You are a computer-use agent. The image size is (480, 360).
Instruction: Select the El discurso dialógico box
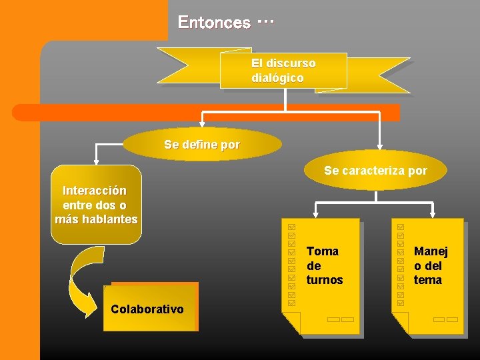click(283, 71)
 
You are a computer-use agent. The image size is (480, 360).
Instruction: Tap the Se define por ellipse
click(202, 145)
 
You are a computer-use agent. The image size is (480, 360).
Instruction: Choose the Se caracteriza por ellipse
click(375, 171)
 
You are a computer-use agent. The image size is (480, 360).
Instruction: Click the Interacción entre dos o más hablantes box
click(97, 204)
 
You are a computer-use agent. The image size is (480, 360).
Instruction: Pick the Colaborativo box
click(147, 308)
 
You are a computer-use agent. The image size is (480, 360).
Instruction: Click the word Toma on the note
click(323, 251)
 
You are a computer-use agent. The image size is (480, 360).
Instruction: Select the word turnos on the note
click(325, 280)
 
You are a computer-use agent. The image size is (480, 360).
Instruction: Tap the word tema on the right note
click(428, 280)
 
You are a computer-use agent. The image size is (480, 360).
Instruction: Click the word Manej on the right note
click(431, 251)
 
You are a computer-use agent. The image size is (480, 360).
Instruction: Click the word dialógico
click(277, 78)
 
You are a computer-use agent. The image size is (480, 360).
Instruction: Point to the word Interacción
click(94, 191)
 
